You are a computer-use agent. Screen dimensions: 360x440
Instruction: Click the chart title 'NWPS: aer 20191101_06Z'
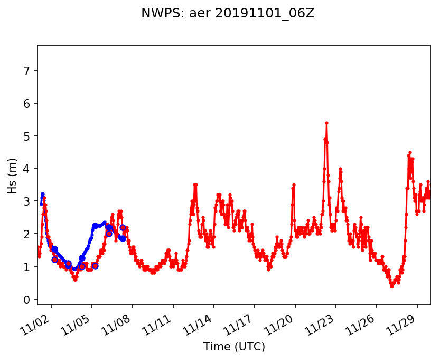[x=228, y=14]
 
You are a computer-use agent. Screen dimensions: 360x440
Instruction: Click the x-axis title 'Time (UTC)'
[x=234, y=347]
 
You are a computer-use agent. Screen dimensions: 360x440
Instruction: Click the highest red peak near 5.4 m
[x=326, y=123]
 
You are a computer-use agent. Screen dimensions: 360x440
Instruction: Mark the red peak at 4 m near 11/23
[x=340, y=169]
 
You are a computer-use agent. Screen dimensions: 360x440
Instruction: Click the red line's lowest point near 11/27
[x=391, y=286]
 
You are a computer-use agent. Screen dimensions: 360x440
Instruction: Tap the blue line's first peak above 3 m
[x=42, y=194]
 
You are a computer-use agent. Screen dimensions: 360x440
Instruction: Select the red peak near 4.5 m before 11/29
[x=409, y=152]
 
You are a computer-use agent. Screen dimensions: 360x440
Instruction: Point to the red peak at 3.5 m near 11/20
[x=294, y=184]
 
